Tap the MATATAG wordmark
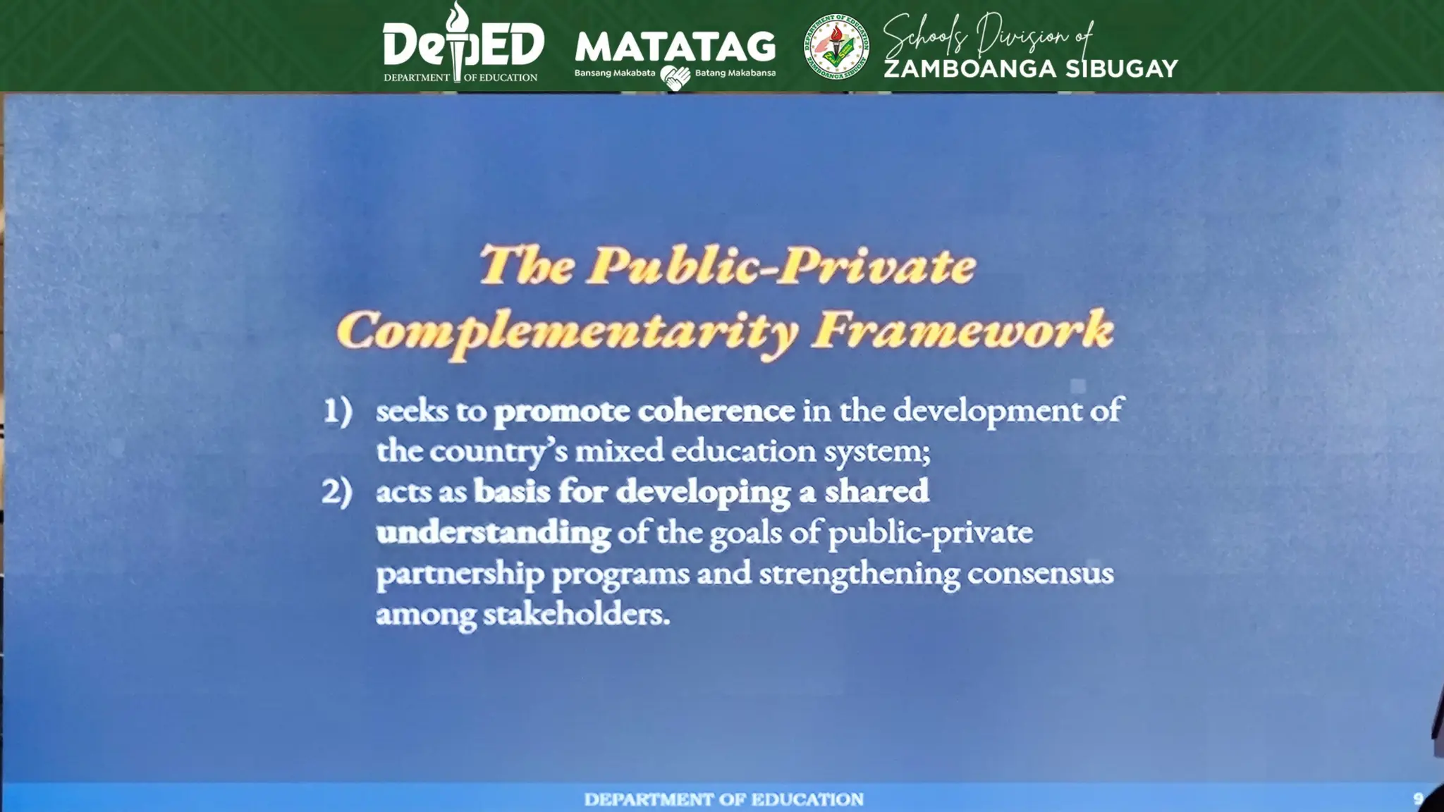tap(675, 47)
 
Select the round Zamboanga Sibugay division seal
tap(836, 47)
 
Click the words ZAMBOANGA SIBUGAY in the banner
tap(1030, 69)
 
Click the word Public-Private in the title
tap(782, 266)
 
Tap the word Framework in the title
tap(962, 330)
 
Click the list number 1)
tap(338, 411)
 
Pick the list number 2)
tap(337, 492)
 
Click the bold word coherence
tap(716, 411)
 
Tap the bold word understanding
tap(494, 533)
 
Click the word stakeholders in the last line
tap(575, 615)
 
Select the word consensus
tap(1040, 574)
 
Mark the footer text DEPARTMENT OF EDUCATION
tap(723, 799)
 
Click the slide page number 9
tap(1418, 799)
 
